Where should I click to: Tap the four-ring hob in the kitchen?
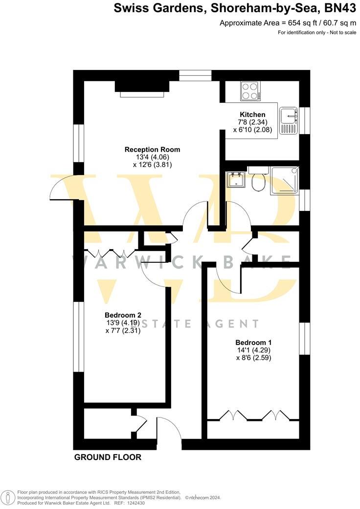click(250, 91)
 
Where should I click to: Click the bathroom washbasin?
click(236, 179)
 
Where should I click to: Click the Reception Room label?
click(152, 149)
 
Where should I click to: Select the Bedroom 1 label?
click(253, 342)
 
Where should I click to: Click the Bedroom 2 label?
click(123, 315)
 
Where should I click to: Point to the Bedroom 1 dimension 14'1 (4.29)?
click(253, 350)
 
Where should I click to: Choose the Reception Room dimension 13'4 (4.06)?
click(152, 157)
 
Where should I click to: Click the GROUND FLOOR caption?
click(108, 457)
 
